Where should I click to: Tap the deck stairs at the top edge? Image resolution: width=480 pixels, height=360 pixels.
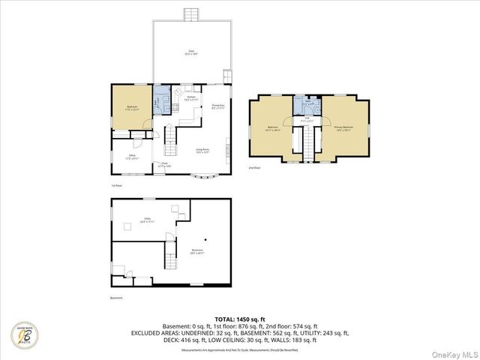[192, 14]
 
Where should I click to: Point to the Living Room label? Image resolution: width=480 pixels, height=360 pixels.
[202, 151]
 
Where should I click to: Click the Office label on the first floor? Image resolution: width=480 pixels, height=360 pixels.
[132, 157]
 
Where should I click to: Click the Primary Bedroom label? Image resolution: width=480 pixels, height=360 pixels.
[343, 128]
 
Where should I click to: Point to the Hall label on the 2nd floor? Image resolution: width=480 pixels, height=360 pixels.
[307, 118]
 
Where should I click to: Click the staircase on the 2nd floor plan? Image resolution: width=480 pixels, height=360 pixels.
[307, 142]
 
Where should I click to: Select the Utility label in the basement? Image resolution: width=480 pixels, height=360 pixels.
[148, 220]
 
